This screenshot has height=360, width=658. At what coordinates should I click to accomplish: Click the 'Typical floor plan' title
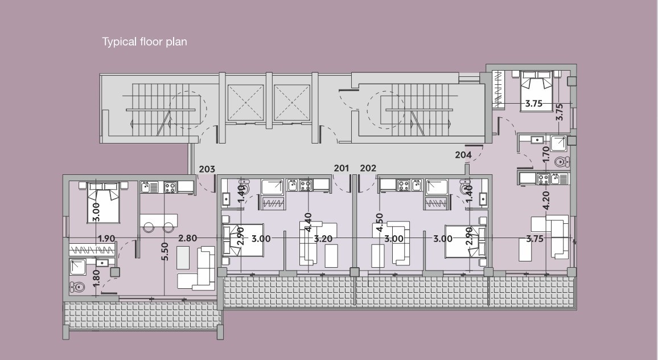coord(145,42)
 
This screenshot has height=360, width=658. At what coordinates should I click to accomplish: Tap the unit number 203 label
coord(207,169)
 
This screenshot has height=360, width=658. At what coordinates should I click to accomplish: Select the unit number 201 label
coord(342,168)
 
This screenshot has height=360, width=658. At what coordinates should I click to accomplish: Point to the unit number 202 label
coord(368,168)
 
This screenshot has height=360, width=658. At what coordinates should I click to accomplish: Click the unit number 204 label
coord(463,154)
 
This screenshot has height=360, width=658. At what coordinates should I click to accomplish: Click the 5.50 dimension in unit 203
coord(165,251)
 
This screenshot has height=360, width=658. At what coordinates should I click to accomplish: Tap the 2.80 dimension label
coord(188,238)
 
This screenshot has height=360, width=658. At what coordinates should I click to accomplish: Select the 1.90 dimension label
coord(106,239)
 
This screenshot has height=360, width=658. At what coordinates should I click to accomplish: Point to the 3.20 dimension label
coord(323,239)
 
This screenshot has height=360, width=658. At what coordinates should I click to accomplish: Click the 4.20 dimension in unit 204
coord(546,201)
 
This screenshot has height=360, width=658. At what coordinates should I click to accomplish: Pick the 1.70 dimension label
coord(546,154)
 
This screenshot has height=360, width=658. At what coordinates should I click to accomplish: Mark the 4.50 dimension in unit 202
coord(379,223)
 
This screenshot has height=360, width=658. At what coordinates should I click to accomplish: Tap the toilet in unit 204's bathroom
coord(561,161)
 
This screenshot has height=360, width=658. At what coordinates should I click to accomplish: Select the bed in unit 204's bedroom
coord(536,91)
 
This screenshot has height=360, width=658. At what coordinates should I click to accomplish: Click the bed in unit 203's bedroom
coord(103,202)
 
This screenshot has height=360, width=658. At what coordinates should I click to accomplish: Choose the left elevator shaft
coord(245,102)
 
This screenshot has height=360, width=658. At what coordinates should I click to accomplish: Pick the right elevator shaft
coord(291,102)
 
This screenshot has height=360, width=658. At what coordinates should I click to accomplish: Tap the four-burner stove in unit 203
coord(170,187)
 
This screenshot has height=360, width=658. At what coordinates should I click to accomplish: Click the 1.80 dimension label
coord(96,278)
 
